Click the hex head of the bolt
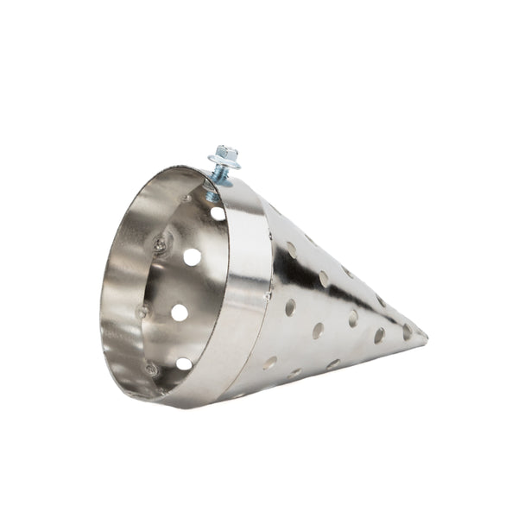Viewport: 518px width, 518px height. (227, 153)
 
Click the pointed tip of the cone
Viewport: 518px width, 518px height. (426, 336)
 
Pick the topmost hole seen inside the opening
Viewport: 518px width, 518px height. (218, 212)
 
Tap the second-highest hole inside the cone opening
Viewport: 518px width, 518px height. (192, 256)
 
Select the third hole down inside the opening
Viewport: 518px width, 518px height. (179, 312)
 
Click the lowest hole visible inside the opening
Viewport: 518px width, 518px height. (184, 363)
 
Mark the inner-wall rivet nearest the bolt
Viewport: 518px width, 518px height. (186, 199)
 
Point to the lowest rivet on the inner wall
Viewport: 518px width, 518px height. (152, 370)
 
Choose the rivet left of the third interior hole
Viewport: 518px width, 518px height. (143, 312)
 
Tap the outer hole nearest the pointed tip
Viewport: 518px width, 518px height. (407, 330)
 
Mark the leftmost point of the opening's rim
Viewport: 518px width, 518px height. (102, 319)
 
